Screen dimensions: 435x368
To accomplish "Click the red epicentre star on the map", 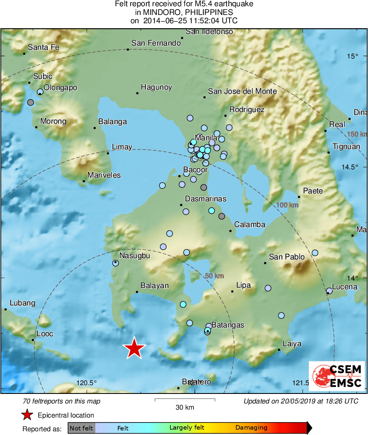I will [134, 348].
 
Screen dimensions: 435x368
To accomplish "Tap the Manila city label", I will [206, 137].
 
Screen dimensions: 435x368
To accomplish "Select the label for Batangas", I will [228, 325].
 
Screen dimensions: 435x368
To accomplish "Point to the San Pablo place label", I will [287, 257].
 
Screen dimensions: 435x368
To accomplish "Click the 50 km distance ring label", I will [214, 276].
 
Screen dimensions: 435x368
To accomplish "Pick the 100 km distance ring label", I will [287, 205].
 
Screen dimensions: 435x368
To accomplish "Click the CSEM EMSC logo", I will [337, 376].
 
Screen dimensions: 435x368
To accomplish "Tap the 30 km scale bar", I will [185, 400].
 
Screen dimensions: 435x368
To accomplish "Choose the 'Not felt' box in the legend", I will [81, 428].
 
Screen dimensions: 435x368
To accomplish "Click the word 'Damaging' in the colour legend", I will [251, 428].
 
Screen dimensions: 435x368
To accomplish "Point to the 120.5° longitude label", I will [87, 383].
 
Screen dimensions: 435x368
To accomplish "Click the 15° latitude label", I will [352, 56].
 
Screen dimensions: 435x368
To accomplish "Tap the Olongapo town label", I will [61, 88].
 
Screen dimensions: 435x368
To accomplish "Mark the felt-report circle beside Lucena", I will [329, 291].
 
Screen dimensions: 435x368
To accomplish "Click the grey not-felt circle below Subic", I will [30, 102].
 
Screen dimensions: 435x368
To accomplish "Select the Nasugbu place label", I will [135, 256].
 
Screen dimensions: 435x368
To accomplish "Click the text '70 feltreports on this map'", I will [62, 401].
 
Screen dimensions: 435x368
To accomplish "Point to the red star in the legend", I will [27, 415].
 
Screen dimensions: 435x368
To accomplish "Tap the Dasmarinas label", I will [206, 199].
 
